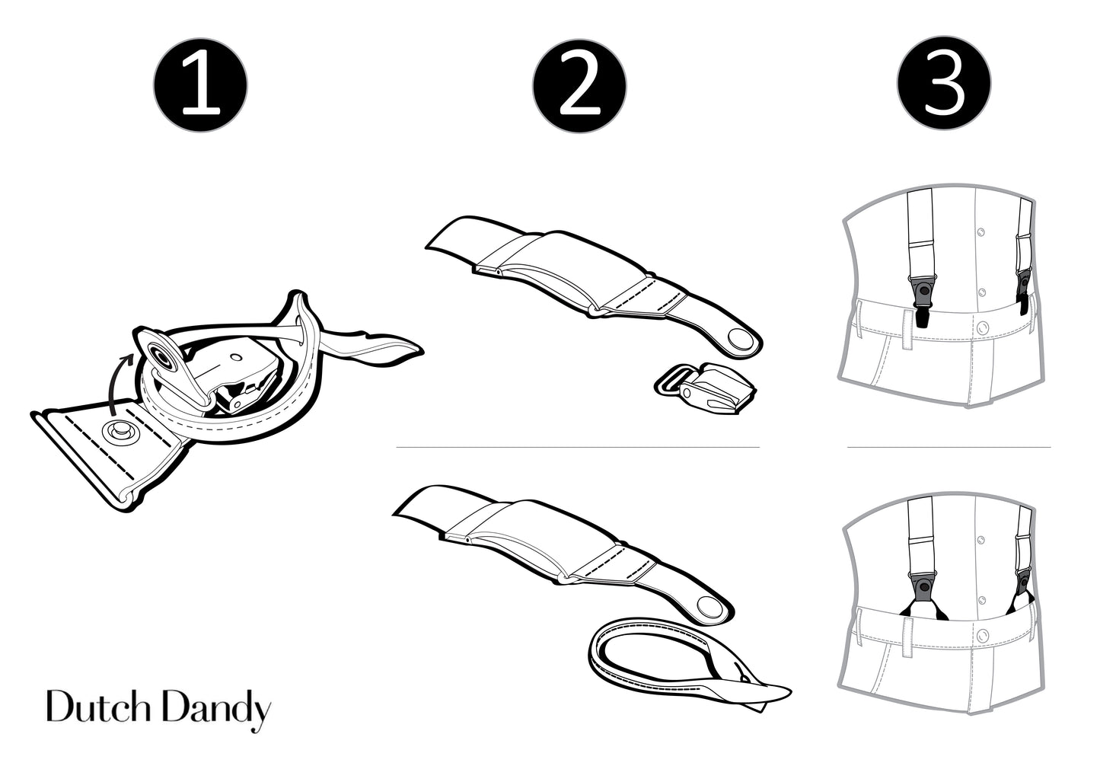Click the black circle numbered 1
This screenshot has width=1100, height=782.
pyautogui.click(x=200, y=85)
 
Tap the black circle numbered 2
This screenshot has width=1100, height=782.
pyautogui.click(x=579, y=86)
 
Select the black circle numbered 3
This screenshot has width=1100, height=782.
pyautogui.click(x=944, y=83)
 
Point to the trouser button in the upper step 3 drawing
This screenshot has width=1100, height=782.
pyautogui.click(x=983, y=327)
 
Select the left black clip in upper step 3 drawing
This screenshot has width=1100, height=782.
pyautogui.click(x=923, y=300)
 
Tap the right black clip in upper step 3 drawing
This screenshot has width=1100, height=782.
pyautogui.click(x=1023, y=292)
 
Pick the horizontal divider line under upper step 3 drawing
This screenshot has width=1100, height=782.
pyautogui.click(x=949, y=447)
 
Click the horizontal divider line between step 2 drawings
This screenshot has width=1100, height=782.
pyautogui.click(x=578, y=447)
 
